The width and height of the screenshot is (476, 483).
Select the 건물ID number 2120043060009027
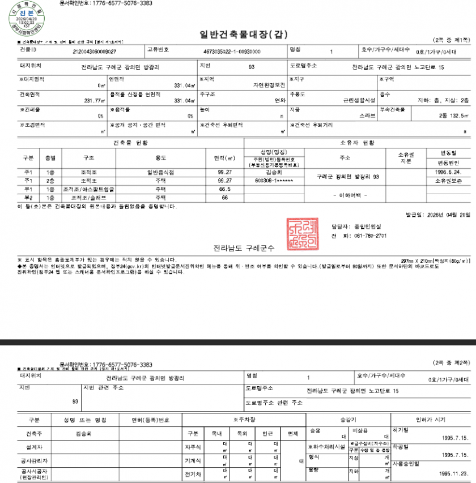click(x=95, y=52)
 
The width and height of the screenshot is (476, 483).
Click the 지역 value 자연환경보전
click(x=268, y=86)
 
